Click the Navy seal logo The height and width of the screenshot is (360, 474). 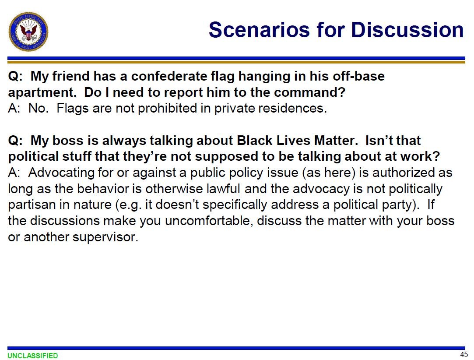28,32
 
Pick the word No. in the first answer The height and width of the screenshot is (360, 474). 39,108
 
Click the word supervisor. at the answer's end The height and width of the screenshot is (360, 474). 105,237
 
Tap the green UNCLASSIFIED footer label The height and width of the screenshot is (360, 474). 33,356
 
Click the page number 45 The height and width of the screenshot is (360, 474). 464,354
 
